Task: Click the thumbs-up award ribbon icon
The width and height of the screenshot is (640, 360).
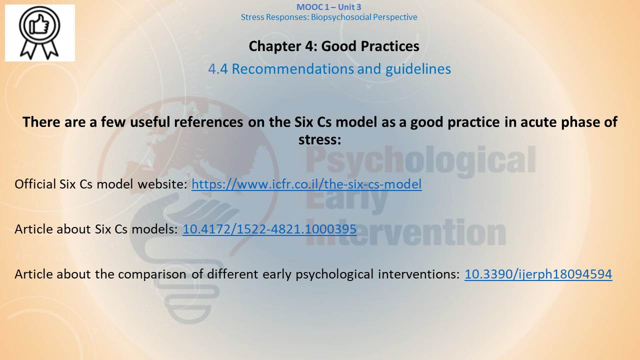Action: click(39, 33)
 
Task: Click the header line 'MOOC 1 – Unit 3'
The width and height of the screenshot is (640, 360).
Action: click(328, 7)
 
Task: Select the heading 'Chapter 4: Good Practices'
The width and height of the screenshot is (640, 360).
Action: click(334, 46)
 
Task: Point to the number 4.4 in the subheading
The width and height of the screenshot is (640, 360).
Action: click(218, 69)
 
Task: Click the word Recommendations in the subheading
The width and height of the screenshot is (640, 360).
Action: click(293, 69)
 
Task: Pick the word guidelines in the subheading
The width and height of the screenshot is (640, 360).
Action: click(418, 69)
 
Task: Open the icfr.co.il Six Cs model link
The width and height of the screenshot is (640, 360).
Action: click(306, 184)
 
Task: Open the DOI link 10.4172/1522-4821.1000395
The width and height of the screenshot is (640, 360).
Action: click(269, 229)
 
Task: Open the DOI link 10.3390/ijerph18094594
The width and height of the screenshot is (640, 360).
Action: click(538, 274)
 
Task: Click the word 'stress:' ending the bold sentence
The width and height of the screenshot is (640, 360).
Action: click(319, 139)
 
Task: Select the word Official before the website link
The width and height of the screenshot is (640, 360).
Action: click(35, 184)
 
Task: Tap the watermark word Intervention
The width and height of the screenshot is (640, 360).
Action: click(405, 233)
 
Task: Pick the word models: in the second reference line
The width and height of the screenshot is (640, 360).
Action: click(154, 229)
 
